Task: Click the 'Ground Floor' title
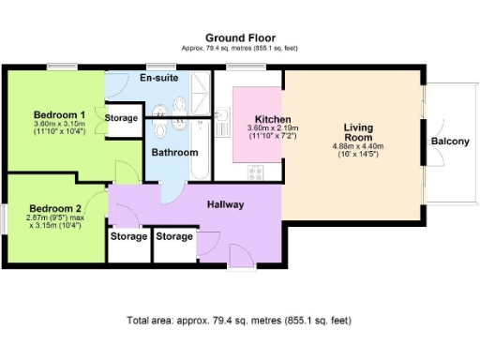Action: click(x=240, y=38)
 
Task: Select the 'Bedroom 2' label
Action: click(x=54, y=207)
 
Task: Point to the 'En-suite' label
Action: click(x=158, y=78)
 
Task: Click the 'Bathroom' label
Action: click(x=174, y=151)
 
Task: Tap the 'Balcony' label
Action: click(x=451, y=142)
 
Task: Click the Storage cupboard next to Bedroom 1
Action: click(x=122, y=119)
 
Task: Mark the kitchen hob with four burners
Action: click(x=254, y=171)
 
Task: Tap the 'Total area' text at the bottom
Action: click(x=239, y=321)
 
